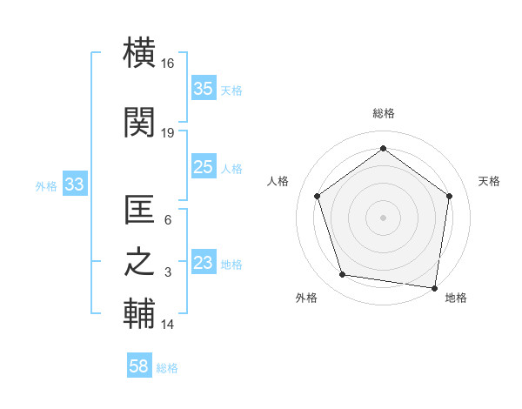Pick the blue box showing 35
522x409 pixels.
204,89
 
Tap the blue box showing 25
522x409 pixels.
204,167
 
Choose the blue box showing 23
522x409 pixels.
204,263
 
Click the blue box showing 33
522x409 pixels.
74,184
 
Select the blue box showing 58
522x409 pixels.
139,366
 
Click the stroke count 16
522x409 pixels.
168,63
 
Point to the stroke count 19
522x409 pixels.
168,132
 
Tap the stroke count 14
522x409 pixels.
168,325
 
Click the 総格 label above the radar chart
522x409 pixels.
383,113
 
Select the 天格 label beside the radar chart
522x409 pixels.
489,181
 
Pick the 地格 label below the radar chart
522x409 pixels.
456,298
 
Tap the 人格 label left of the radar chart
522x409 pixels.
278,181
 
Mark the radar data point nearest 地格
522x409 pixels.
434,287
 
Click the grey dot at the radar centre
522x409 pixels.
383,217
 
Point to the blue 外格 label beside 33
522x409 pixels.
46,185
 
